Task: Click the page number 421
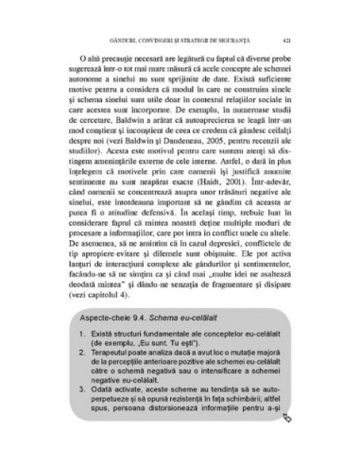tap(299, 41)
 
